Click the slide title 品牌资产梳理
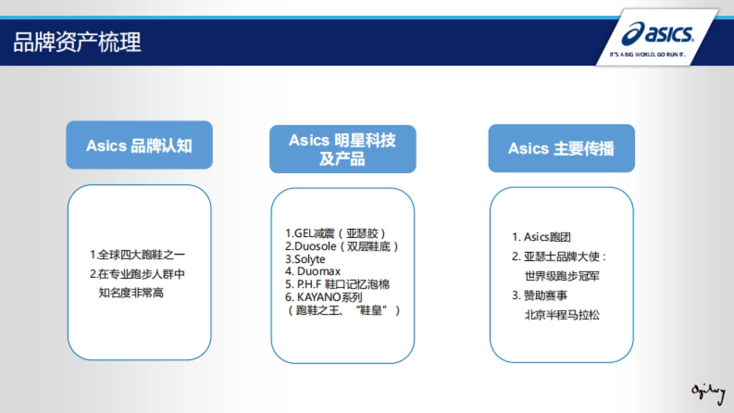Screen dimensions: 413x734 pos(77,43)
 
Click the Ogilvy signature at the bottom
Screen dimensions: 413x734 pos(708,390)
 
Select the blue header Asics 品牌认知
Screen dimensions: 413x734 pos(139,146)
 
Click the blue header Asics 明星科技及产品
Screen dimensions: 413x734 pos(343,149)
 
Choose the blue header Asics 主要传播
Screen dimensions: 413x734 pos(561,149)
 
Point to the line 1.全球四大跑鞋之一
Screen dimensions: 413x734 pos(137,254)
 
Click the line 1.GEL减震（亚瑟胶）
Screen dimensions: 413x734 pos(336,233)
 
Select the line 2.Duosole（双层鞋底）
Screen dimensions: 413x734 pos(342,246)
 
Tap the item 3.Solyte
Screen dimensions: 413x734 pos(305,259)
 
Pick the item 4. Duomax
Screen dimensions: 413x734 pos(313,271)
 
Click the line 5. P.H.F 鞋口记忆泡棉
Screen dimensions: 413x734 pos(337,285)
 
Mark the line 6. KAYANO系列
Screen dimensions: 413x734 pos(324,297)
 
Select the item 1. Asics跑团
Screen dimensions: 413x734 pos(541,237)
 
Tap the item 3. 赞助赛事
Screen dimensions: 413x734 pos(540,296)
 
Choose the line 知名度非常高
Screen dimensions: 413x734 pos(131,293)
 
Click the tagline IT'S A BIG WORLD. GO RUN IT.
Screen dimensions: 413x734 pos(647,54)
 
